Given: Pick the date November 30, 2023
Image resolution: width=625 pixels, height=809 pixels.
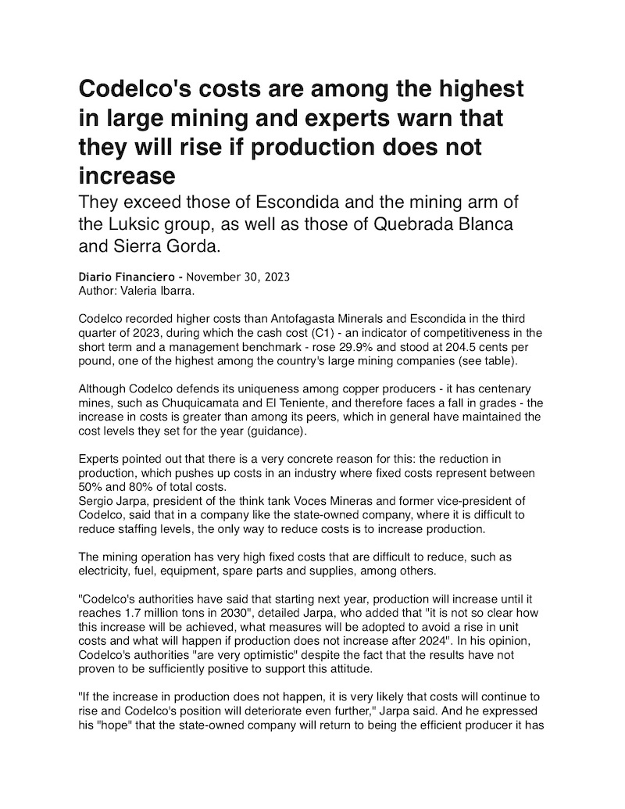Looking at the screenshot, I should (x=237, y=277).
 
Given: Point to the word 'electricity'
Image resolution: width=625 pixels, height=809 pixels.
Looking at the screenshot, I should (x=105, y=571).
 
